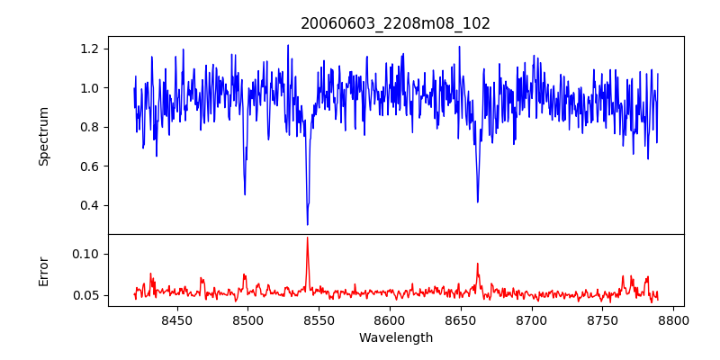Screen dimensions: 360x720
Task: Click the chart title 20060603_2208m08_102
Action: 395,23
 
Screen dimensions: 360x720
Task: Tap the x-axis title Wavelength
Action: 395,337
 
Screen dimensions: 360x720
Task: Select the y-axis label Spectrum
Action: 43,136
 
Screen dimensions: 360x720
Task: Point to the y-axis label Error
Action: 43,270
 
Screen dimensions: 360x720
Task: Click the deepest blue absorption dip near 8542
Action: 308,224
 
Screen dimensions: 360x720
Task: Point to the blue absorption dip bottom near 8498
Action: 245,194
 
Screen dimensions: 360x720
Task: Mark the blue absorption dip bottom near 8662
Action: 477,202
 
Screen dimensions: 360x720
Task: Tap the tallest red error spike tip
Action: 308,238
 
